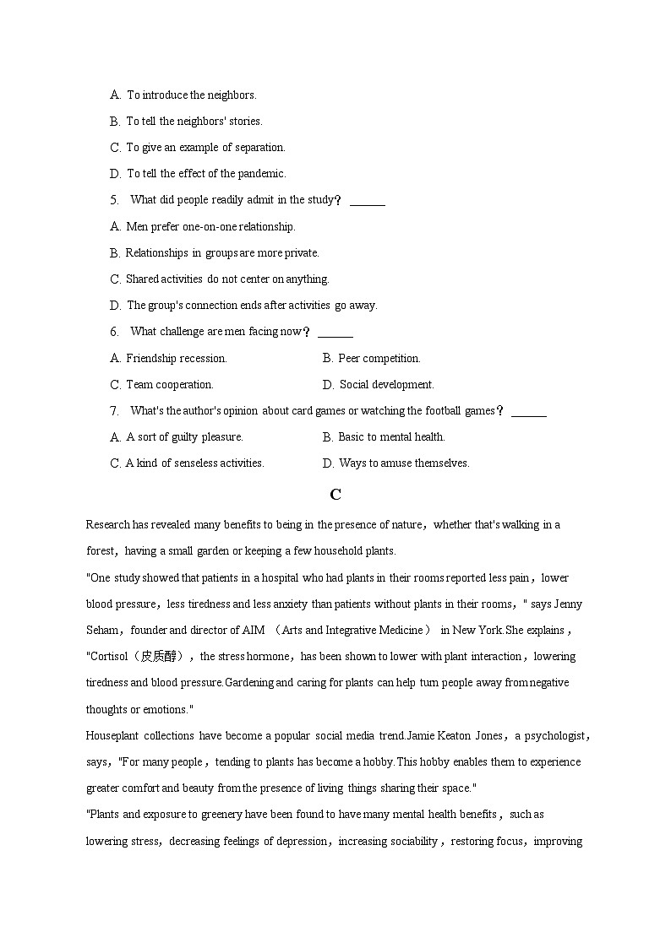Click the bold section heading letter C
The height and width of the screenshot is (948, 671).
pos(335,495)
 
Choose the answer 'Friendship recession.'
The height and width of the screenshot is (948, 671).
pos(177,359)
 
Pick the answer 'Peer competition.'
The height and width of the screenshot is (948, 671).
pos(379,359)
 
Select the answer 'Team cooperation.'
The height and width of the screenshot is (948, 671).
pos(170,385)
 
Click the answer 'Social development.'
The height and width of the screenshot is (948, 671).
pos(387,385)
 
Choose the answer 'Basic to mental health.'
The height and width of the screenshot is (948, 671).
pos(391,437)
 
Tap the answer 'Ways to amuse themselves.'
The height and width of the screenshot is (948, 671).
pos(404,463)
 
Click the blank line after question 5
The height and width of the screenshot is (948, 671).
pos(368,203)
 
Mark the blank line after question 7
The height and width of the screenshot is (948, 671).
pos(529,414)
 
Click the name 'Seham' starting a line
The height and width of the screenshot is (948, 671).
pos(102,631)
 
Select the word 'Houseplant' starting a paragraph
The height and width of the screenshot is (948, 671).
pos(112,736)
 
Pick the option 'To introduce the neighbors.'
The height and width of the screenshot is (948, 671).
pos(191,95)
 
